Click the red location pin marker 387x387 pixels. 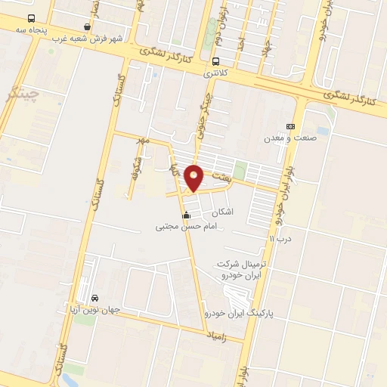194,176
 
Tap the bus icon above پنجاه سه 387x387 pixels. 30,18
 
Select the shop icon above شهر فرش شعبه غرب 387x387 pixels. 88,27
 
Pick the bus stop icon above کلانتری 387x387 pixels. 216,62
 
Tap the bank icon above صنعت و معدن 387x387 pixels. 290,126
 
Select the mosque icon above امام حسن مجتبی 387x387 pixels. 186,215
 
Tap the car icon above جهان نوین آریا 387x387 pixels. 94,298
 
